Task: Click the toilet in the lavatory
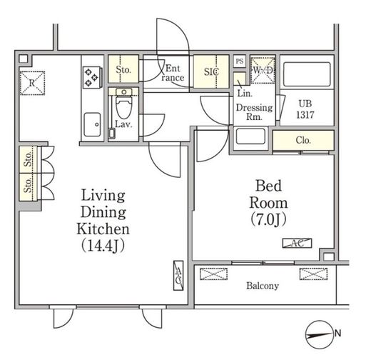point(123,104)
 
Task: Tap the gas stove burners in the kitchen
point(92,77)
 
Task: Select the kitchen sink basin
point(92,124)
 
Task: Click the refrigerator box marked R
point(32,83)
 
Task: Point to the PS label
point(240,61)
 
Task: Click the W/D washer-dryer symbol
point(263,71)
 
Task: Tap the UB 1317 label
point(305,109)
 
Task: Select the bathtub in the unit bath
point(307,74)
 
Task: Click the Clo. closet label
point(303,140)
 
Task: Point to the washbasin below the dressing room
point(250,136)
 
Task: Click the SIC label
point(211,71)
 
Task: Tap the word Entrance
point(173,73)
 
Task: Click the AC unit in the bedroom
point(297,243)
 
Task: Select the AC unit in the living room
point(178,276)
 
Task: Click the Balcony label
point(263,286)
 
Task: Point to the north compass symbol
point(319,334)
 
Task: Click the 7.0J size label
point(268,219)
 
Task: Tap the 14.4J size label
point(103,246)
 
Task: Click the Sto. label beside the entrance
point(123,69)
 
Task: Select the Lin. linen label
point(245,94)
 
